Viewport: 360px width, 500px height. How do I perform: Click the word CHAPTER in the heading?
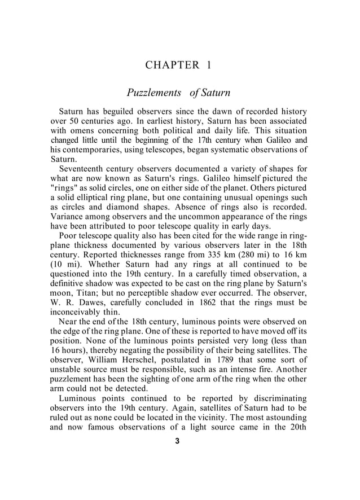169,64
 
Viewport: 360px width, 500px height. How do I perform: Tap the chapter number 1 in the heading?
208,64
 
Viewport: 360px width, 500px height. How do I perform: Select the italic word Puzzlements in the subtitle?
153,92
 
